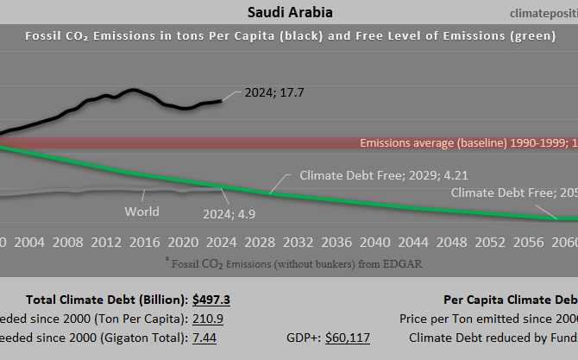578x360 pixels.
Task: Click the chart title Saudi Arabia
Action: (290, 12)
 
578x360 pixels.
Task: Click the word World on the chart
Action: (141, 210)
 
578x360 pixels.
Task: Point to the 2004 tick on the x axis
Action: (29, 241)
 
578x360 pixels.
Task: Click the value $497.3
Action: (211, 300)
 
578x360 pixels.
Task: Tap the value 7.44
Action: (205, 337)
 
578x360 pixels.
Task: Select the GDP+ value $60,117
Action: (347, 337)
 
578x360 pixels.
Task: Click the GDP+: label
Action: (303, 337)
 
